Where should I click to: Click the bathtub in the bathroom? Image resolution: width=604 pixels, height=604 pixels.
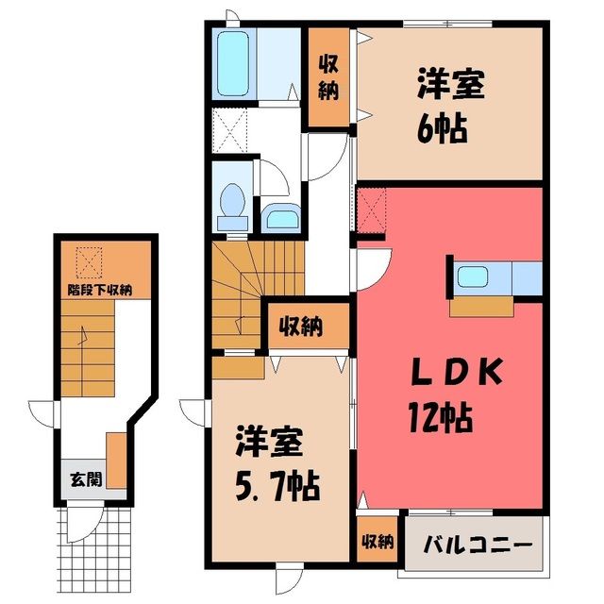pos(233,63)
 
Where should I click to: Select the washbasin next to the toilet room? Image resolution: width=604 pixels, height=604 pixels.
pos(283,218)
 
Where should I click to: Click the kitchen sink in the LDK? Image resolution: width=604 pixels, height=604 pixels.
pos(473,277)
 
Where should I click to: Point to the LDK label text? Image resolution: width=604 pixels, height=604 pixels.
pos(457,372)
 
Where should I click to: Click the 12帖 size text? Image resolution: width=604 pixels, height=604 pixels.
pos(440,417)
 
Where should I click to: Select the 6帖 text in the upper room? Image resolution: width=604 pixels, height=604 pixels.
pos(443,128)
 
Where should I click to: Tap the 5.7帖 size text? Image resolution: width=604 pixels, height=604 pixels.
pos(277,486)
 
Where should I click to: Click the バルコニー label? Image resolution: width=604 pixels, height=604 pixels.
pos(478,545)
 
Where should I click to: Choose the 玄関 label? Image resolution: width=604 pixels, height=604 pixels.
pos(86,479)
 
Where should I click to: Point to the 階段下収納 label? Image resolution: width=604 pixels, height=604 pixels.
pos(100,290)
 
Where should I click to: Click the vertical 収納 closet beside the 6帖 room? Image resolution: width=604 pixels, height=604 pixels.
pos(328,77)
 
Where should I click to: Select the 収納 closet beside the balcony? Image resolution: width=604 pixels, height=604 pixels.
pos(377,541)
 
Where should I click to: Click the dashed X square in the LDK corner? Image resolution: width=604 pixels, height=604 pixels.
pos(371,210)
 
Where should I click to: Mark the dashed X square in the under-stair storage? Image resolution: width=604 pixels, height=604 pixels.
pos(90,262)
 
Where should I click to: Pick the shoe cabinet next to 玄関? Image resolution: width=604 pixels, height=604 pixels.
pos(116,461)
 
